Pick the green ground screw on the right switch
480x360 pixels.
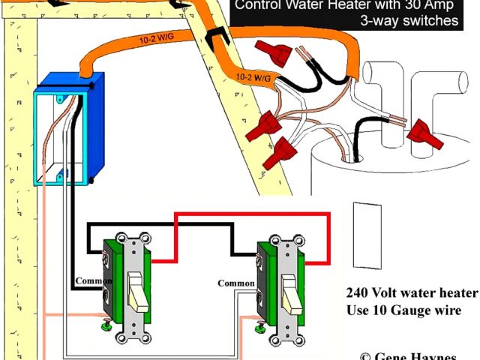click(261, 326)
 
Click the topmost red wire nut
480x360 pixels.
click(274, 53)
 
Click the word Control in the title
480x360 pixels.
click(259, 4)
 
